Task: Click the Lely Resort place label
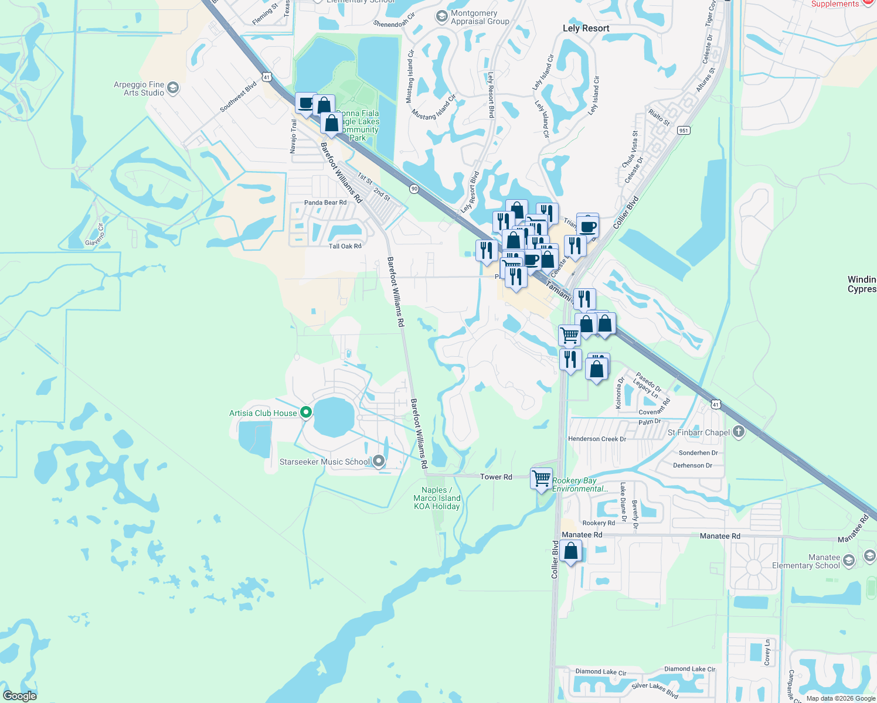click(x=586, y=28)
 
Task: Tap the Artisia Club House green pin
click(x=305, y=412)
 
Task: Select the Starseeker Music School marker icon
click(x=379, y=461)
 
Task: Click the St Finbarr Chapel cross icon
click(x=739, y=432)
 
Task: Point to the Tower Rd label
click(x=496, y=477)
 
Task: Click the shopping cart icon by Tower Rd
click(x=541, y=478)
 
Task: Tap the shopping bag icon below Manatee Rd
click(x=570, y=551)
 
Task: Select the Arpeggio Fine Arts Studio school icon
click(x=172, y=88)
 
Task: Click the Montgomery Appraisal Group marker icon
click(x=441, y=17)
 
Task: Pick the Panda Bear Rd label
click(x=325, y=203)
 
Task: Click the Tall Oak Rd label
click(x=345, y=246)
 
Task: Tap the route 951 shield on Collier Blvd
click(x=684, y=130)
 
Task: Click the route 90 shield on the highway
click(x=414, y=188)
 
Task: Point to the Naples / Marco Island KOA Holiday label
click(x=437, y=498)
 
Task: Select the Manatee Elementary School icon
click(x=869, y=555)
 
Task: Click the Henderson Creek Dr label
click(x=597, y=439)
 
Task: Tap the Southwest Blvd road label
click(x=239, y=97)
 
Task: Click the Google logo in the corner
click(x=20, y=696)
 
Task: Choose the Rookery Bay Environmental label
click(x=580, y=484)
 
